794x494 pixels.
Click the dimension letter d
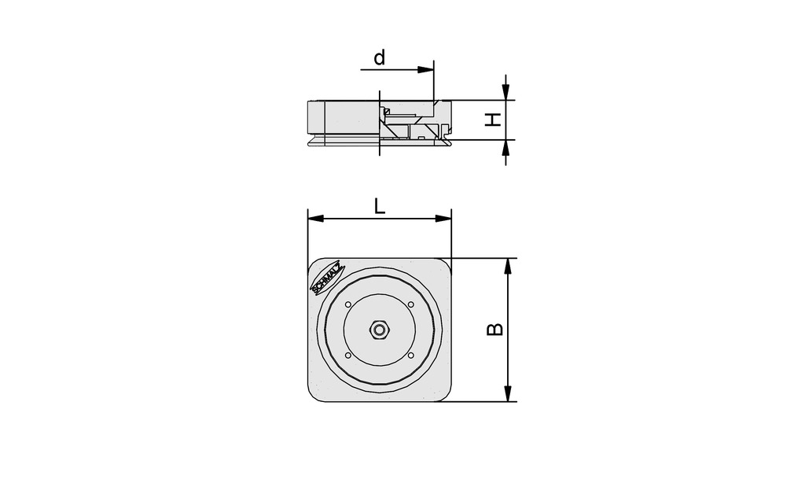[x=380, y=58]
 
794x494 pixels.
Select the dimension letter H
[x=492, y=120]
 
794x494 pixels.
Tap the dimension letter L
[x=379, y=207]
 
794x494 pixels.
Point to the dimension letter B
[x=494, y=329]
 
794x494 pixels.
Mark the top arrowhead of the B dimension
[x=508, y=266]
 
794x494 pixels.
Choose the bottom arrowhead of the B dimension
[x=508, y=393]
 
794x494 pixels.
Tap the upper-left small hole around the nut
[x=347, y=304]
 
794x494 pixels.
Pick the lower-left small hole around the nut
[x=347, y=356]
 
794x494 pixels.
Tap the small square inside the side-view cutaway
[x=422, y=138]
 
